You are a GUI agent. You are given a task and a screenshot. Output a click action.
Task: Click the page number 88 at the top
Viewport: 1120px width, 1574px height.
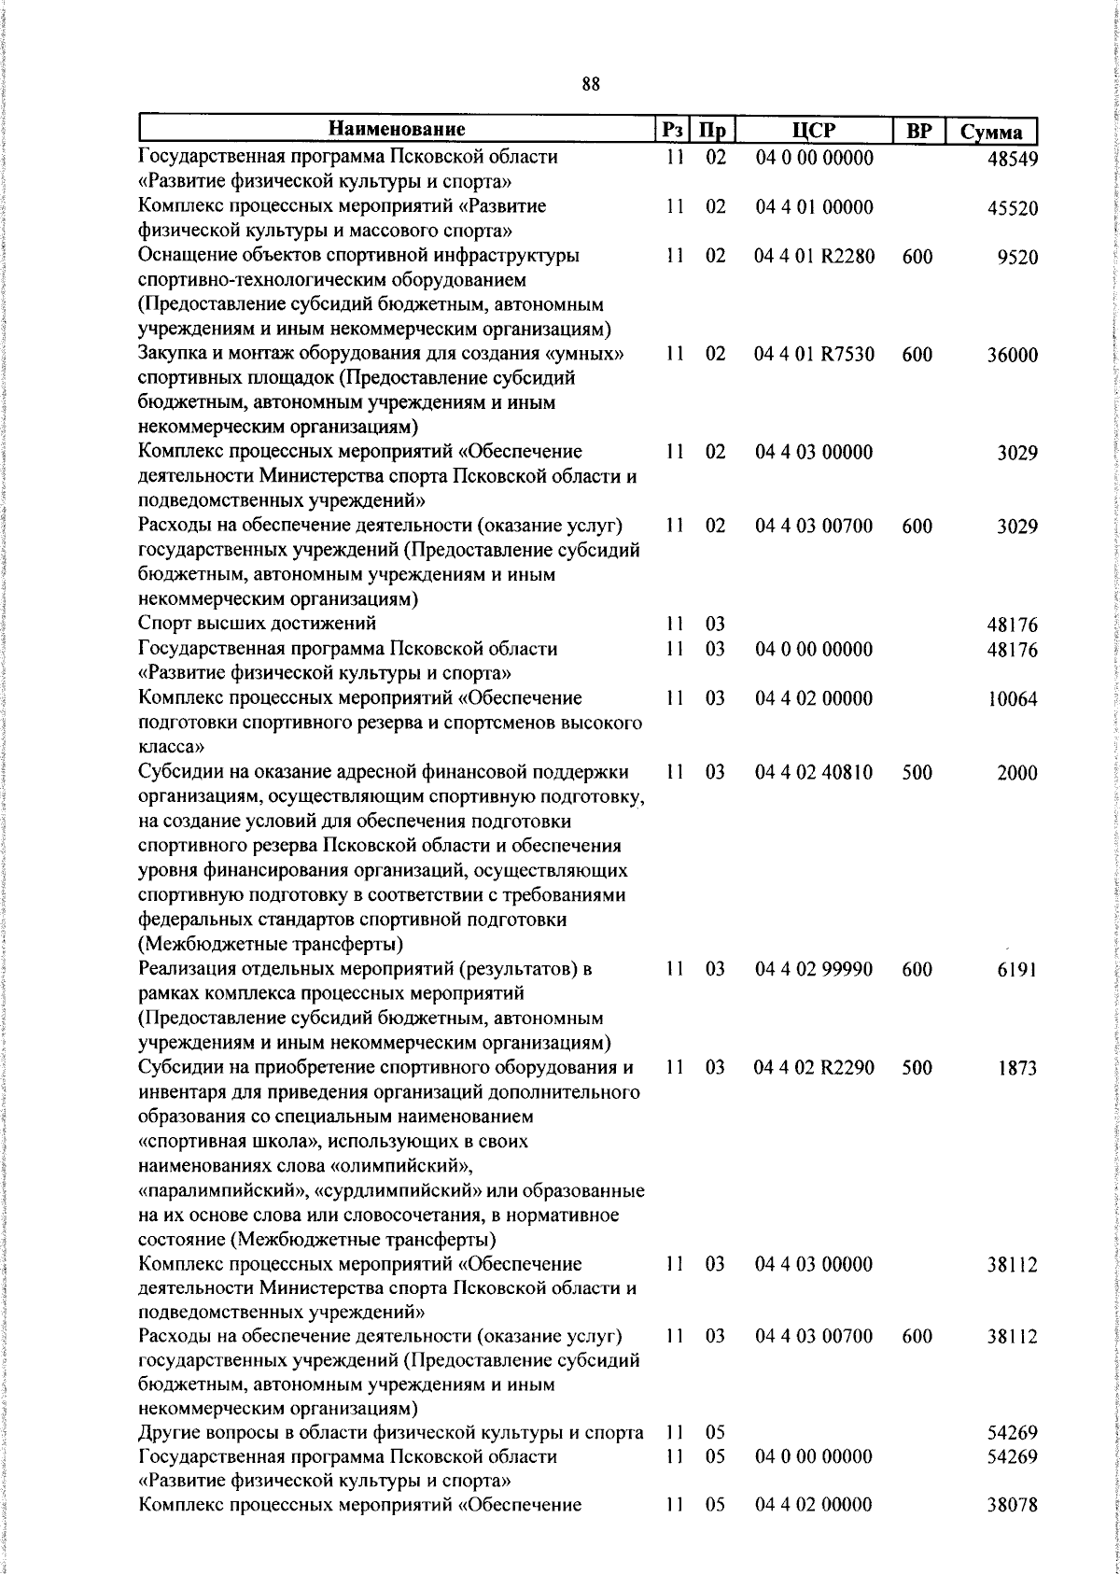point(590,84)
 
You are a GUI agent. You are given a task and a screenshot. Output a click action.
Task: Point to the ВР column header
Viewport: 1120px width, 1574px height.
point(919,131)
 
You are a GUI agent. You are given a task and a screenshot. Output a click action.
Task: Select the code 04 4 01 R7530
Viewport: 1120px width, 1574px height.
point(814,355)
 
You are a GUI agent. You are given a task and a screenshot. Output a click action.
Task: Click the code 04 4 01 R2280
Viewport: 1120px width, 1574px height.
point(814,257)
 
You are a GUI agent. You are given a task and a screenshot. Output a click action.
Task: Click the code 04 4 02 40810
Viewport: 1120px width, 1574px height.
point(814,772)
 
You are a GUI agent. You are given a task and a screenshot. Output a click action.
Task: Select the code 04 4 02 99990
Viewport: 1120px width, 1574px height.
point(814,969)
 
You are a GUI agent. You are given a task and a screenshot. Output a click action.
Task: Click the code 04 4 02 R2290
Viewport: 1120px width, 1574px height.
point(814,1067)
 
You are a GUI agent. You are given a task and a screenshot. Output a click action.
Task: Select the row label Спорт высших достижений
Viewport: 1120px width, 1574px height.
point(257,624)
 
